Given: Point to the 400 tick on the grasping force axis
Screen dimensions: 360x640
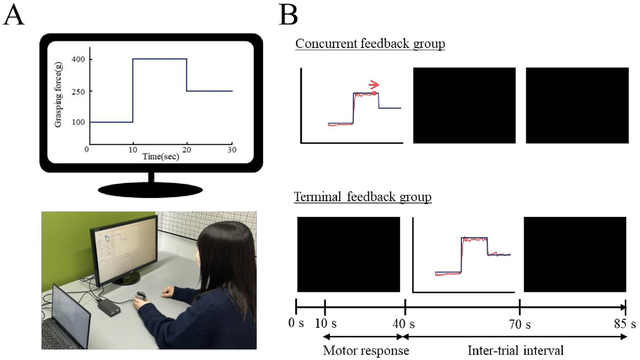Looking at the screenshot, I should [x=78, y=59].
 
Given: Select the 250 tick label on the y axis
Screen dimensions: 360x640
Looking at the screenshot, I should [x=78, y=91].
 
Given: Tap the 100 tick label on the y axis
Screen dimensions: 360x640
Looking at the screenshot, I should [x=78, y=122].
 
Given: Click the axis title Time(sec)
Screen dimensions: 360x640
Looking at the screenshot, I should [x=161, y=156].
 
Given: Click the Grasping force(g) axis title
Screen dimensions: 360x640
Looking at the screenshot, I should [x=58, y=95].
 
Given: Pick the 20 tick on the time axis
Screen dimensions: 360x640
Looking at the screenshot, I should [x=186, y=150].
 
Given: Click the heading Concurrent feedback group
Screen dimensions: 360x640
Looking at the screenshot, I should [x=370, y=44].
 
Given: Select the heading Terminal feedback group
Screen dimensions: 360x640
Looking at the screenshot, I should [x=362, y=197].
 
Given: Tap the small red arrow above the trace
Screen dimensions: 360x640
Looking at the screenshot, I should [x=374, y=85].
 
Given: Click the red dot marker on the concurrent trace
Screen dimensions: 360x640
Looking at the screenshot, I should [x=374, y=93].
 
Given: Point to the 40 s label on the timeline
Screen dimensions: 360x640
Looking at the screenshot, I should [x=403, y=323].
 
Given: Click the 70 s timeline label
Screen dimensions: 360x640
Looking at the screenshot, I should [x=520, y=324].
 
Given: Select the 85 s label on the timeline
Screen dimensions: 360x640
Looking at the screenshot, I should [x=625, y=324].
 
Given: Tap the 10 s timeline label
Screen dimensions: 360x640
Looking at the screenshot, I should [x=326, y=323].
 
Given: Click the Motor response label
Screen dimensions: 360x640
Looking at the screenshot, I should [x=366, y=350].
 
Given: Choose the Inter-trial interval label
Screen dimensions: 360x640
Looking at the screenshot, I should [x=515, y=350].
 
